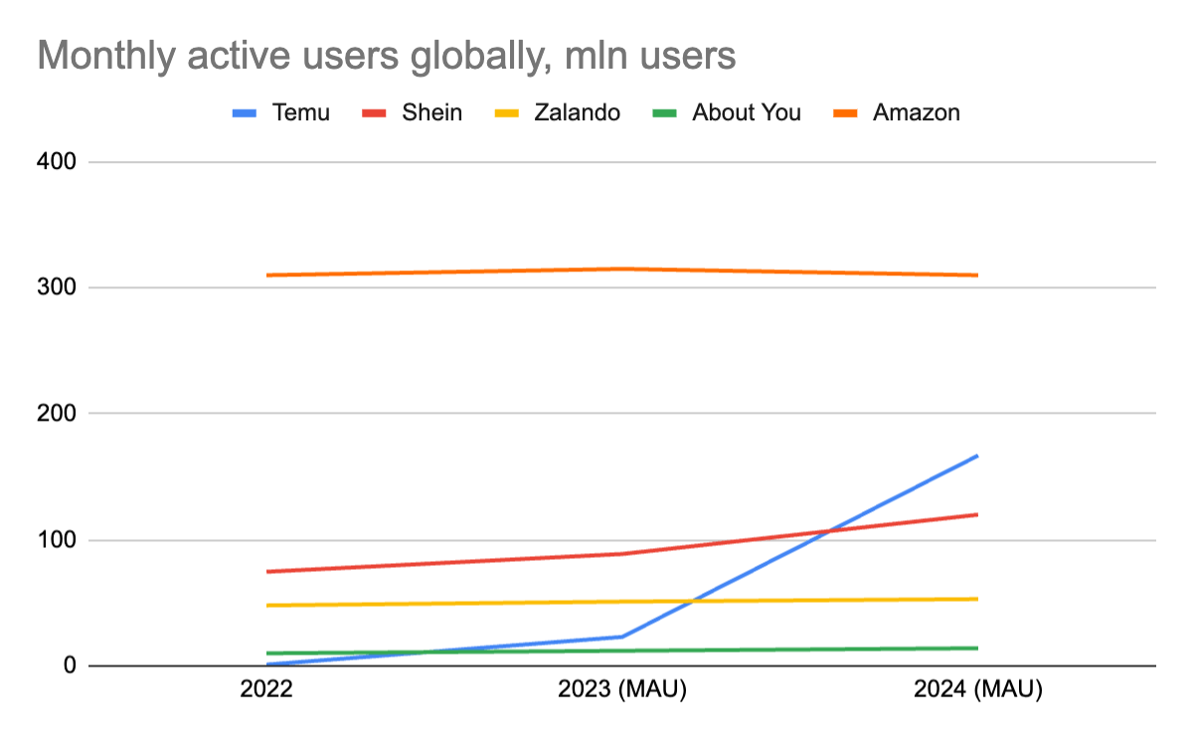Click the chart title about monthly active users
pos(386,56)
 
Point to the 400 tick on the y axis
pos(58,161)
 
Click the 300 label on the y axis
pos(58,287)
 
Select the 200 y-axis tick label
pos(58,413)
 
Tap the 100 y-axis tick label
pos(58,540)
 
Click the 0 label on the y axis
pos(70,665)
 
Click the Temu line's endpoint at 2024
pos(977,456)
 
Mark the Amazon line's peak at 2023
pos(622,269)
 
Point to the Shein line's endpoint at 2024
pos(977,514)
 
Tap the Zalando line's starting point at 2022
pos(267,605)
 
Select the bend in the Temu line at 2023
pos(622,637)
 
